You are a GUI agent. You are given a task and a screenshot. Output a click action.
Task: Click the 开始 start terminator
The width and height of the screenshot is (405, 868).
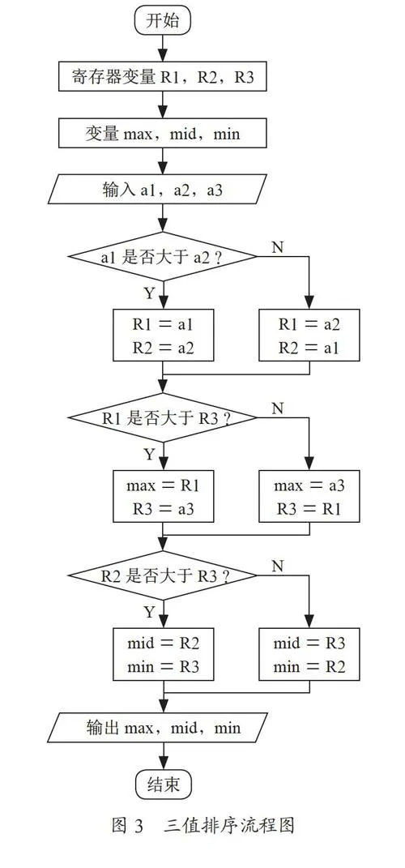[x=163, y=22]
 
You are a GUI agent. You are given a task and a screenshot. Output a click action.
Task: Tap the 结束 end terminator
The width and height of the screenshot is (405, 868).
[x=164, y=785]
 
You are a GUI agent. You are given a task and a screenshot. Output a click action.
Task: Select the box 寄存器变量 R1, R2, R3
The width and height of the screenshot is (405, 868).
[x=163, y=76]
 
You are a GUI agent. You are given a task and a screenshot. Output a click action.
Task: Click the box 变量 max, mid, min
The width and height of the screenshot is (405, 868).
[x=163, y=134]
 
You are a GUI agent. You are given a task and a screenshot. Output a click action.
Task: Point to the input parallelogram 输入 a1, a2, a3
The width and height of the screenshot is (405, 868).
[x=163, y=190]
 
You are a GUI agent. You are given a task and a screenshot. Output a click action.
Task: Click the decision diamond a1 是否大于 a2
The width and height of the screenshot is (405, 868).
[x=163, y=257]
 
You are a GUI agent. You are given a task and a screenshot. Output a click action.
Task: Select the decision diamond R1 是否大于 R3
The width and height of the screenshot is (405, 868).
[x=163, y=417]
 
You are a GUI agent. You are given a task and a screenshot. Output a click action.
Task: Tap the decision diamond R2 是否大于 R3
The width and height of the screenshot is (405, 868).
[x=163, y=575]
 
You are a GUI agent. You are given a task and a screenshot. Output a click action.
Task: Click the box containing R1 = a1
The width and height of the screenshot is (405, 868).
[x=164, y=336]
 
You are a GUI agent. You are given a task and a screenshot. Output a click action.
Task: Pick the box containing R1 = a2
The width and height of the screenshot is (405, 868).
[x=309, y=336]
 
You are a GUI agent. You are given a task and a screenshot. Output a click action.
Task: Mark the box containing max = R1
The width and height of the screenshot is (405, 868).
[x=164, y=496]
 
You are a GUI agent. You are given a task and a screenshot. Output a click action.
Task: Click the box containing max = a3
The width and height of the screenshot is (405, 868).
[x=309, y=496]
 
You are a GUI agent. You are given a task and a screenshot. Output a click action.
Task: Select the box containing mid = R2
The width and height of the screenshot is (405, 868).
[x=164, y=654]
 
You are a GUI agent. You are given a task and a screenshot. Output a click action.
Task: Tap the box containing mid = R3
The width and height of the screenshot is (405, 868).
[x=309, y=654]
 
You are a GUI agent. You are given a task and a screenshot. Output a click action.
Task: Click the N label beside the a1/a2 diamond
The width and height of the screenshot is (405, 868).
[x=278, y=247]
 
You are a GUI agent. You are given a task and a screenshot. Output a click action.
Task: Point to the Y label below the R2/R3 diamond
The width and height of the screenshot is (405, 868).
[x=149, y=612]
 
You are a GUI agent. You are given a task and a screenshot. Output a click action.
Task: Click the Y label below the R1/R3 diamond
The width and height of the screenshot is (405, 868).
[x=149, y=455]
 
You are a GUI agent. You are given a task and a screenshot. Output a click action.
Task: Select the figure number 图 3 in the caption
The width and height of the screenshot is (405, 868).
[x=128, y=826]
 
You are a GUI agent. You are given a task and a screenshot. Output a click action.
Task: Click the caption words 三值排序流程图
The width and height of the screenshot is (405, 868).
[x=228, y=826]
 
